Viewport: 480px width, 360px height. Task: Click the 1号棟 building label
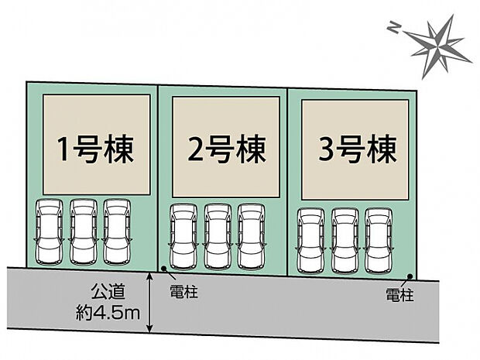tap(94, 148)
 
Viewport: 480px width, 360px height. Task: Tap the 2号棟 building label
tap(225, 148)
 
